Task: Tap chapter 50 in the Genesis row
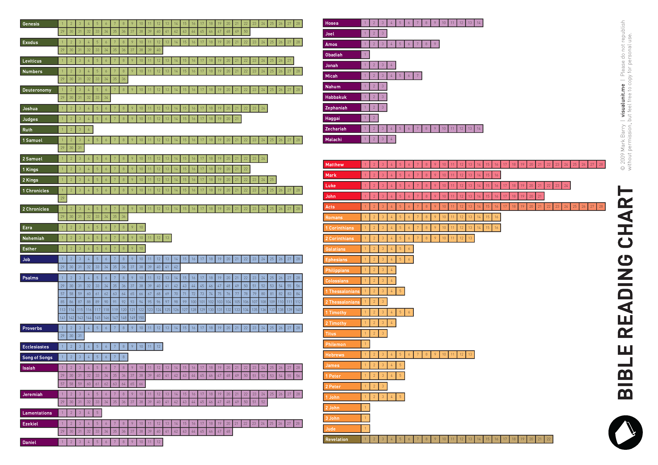tap(246, 31)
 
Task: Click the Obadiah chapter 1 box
tap(365, 54)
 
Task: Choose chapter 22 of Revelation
tap(548, 439)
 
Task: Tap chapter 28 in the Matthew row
tap(601, 164)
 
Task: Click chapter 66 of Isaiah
tap(141, 384)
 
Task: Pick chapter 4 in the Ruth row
tap(89, 130)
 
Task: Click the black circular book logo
tap(625, 432)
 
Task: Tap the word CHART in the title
tap(625, 218)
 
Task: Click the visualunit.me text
tap(623, 100)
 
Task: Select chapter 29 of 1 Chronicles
tap(62, 198)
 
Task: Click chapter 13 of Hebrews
tap(470, 354)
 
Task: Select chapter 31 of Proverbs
tap(80, 336)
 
